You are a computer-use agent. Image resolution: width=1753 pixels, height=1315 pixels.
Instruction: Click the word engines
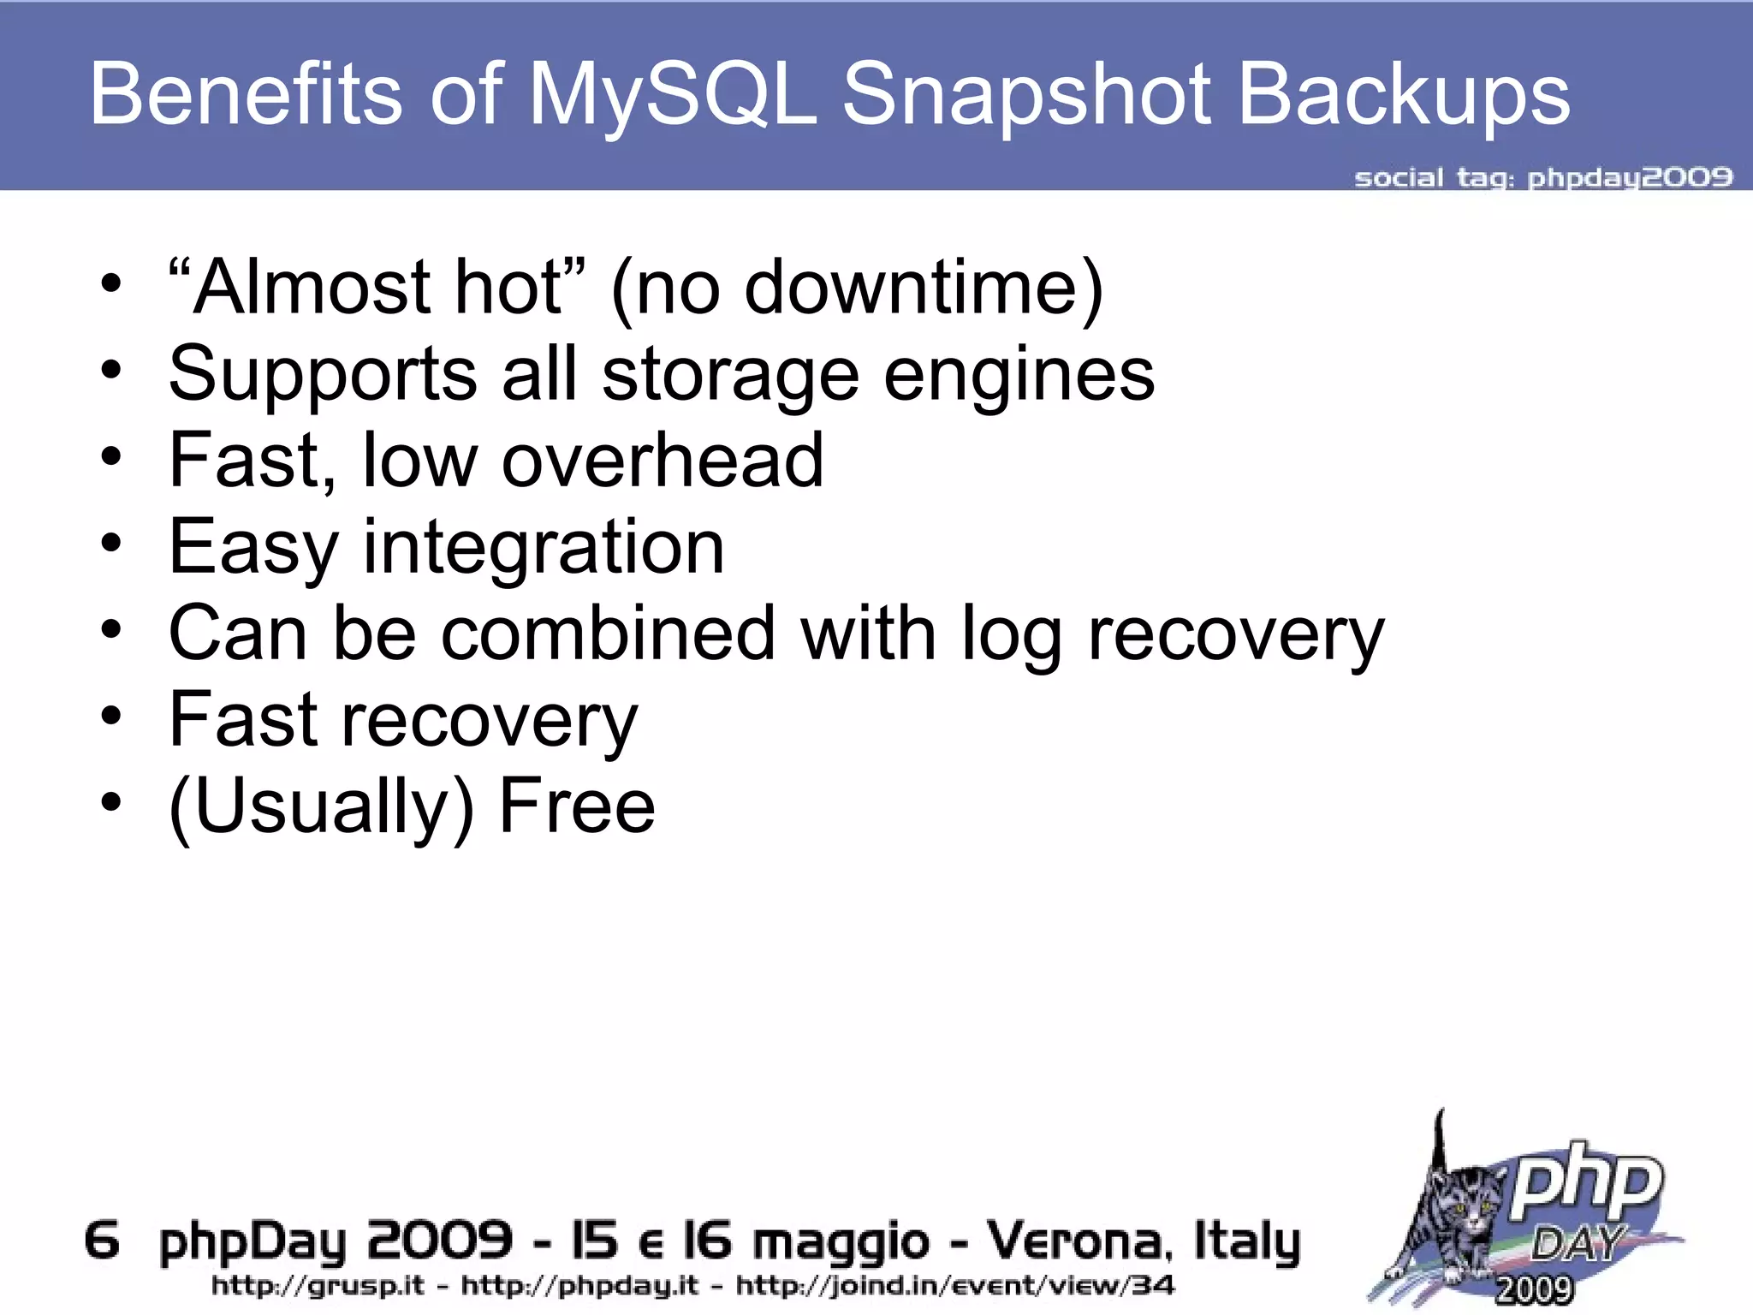1019,377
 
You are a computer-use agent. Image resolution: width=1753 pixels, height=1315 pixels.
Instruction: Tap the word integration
544,548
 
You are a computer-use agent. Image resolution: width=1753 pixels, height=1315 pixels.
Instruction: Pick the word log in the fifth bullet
1011,635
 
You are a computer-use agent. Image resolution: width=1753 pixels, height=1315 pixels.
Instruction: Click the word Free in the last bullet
577,806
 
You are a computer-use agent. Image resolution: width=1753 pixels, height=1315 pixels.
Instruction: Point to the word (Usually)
321,808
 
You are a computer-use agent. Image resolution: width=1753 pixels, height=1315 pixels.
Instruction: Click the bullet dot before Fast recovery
110,717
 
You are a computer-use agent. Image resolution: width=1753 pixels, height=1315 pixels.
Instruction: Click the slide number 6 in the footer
102,1241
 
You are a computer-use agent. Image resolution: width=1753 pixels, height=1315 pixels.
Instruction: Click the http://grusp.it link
318,1286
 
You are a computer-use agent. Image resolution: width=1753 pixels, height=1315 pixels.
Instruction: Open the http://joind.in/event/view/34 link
955,1286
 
